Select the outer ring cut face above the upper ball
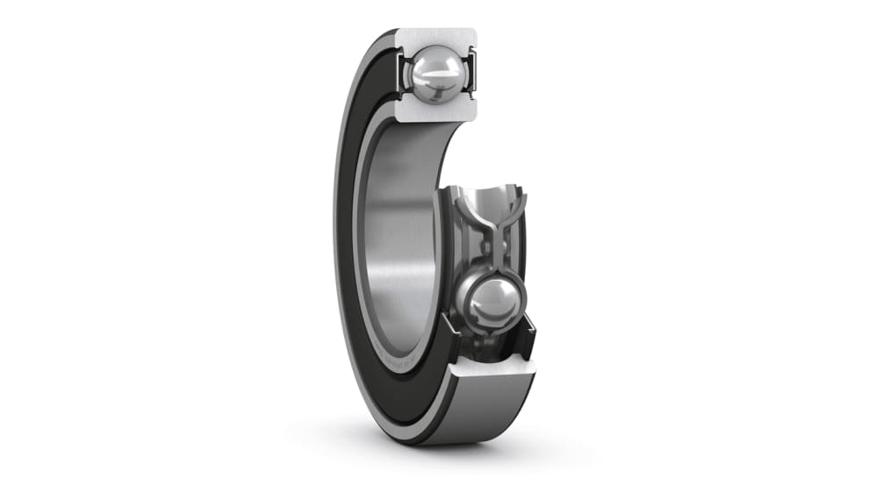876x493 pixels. pyautogui.click(x=436, y=39)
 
